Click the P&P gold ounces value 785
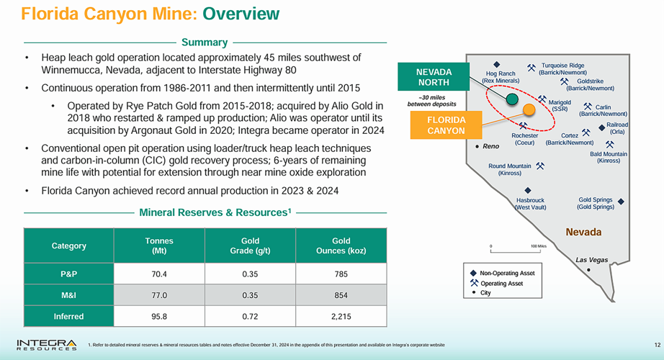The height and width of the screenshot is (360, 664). [x=341, y=274]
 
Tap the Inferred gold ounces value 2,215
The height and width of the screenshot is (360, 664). [x=341, y=316]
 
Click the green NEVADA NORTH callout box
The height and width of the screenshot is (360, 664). [x=434, y=77]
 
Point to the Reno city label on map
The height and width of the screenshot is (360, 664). [x=490, y=146]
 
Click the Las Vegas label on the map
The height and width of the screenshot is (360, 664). [x=591, y=259]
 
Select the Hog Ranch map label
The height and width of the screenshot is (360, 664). [x=501, y=76]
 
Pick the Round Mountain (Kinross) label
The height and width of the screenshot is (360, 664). [x=510, y=170]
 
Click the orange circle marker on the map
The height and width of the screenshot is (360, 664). [x=530, y=111]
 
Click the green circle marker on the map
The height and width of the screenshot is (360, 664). [x=512, y=99]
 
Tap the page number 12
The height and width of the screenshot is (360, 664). [x=656, y=344]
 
